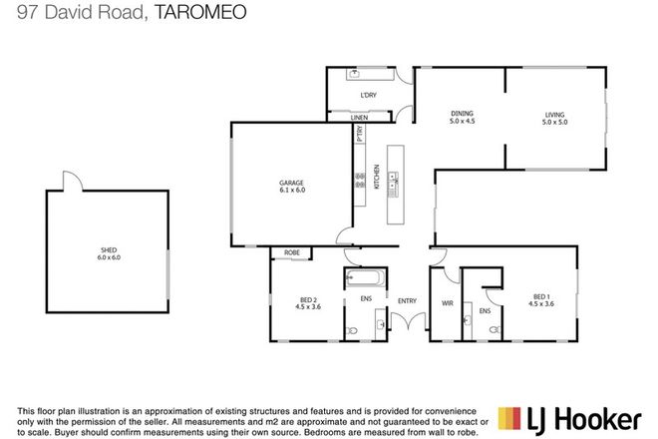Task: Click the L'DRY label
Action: [x=368, y=96]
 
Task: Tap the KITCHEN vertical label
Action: [x=377, y=177]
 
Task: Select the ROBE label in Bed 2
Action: [x=292, y=253]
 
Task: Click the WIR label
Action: [x=447, y=302]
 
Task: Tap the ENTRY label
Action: [x=407, y=299]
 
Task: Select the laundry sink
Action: [x=355, y=76]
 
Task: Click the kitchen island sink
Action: [x=395, y=181]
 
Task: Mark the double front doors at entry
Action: [x=407, y=321]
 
